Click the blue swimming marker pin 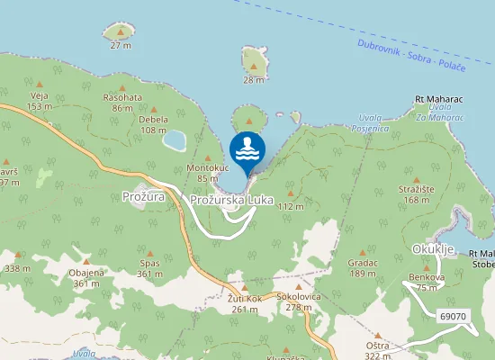(x=247, y=148)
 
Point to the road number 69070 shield (x=454, y=316)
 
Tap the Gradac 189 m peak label (x=362, y=266)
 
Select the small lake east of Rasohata (x=174, y=140)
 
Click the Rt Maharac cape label (x=437, y=98)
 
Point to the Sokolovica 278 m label (x=300, y=301)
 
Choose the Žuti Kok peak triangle (x=244, y=287)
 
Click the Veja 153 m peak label (x=38, y=100)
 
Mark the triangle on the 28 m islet (x=254, y=66)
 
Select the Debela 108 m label (x=154, y=123)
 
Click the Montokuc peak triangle (x=208, y=157)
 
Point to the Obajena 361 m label (x=86, y=277)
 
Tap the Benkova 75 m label (x=427, y=282)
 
